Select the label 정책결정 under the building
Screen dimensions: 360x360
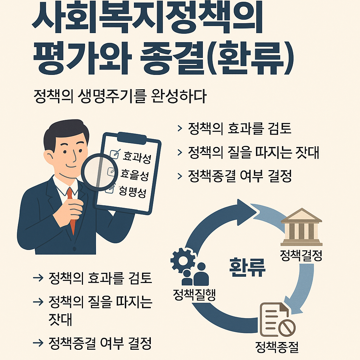coord(301,256)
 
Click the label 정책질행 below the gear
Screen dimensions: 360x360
coord(194,294)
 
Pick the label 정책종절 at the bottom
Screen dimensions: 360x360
coord(277,347)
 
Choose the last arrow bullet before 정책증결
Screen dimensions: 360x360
coord(37,342)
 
